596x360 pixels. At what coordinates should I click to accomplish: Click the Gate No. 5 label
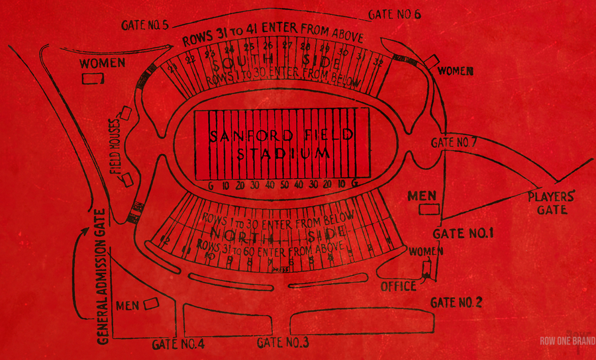(146, 25)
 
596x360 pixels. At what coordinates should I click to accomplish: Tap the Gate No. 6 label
(395, 15)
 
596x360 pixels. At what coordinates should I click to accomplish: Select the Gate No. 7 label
(454, 142)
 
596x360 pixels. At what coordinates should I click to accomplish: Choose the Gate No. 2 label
(456, 302)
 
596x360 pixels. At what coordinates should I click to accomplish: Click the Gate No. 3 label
(283, 342)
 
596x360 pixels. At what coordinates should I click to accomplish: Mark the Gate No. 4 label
(177, 344)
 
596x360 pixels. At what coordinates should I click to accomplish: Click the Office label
(398, 287)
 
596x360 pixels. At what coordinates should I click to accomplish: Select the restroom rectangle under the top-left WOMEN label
(93, 78)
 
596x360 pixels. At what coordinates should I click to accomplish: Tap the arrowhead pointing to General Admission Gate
(85, 231)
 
